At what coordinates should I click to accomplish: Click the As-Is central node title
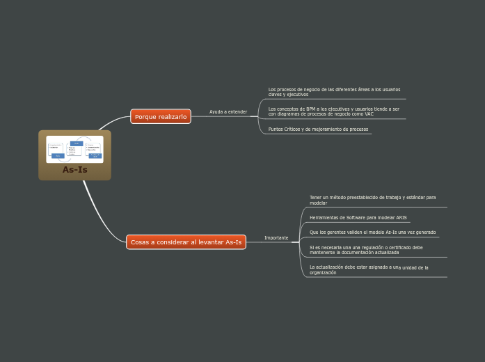(74, 170)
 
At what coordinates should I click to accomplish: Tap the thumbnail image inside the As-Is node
(74, 149)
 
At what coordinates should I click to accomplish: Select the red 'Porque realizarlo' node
(161, 117)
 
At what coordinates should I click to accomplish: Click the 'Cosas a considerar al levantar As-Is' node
(186, 242)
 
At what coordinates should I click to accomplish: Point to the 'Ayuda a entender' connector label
(228, 112)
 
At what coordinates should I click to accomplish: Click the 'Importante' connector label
(276, 238)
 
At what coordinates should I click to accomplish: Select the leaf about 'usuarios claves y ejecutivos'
(334, 92)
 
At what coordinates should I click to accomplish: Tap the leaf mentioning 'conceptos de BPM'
(334, 111)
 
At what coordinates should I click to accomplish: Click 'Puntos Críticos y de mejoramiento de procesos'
(318, 129)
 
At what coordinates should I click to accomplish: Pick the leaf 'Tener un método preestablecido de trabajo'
(372, 200)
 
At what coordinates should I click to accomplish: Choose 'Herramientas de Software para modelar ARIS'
(358, 218)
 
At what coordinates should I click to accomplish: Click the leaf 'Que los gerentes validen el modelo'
(372, 233)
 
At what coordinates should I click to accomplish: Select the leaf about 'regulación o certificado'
(366, 250)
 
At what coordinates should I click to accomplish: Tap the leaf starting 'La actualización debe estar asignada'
(367, 269)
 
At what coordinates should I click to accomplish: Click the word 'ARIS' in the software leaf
(401, 218)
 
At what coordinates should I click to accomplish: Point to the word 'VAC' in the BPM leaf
(369, 114)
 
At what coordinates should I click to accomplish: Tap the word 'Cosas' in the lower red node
(140, 242)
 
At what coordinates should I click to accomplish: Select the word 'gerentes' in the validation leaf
(337, 233)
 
